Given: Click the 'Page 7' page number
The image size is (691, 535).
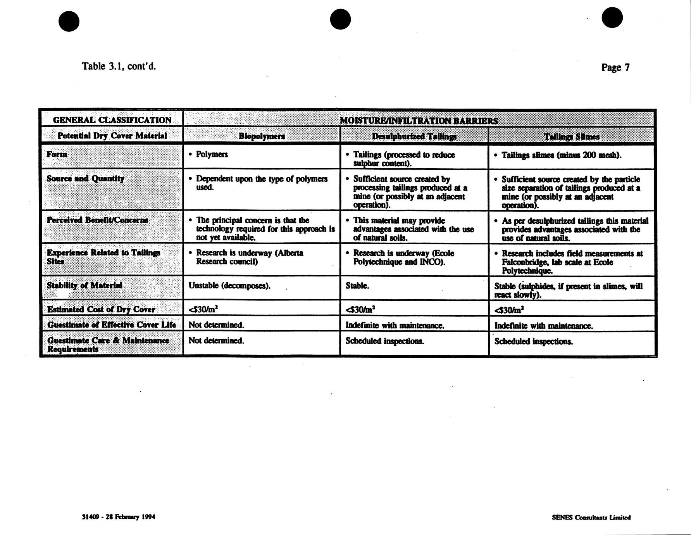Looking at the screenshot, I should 615,67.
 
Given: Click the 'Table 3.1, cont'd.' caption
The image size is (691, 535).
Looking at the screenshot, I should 119,66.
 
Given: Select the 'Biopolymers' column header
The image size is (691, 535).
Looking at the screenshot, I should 262,136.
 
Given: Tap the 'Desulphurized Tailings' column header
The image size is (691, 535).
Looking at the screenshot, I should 414,136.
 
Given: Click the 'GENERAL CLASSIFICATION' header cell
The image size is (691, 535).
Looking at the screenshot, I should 112,120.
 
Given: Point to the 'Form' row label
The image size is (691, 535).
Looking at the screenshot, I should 57,154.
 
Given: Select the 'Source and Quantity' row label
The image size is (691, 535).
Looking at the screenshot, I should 85,179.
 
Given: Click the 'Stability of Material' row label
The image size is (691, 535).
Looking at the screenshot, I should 84,286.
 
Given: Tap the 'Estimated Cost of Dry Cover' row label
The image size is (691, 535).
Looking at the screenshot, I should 101,309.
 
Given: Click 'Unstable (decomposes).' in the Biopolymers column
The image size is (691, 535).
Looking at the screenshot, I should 229,286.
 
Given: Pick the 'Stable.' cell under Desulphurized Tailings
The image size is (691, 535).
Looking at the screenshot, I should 357,286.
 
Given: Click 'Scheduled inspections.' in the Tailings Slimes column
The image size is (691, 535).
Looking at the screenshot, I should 533,342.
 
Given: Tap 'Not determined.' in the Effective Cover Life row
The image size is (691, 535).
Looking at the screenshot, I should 216,325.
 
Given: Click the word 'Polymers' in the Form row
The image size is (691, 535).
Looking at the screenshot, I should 212,154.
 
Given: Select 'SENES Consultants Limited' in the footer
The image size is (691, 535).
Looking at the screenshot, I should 591,517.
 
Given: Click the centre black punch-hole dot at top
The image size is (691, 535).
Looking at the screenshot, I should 340,19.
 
